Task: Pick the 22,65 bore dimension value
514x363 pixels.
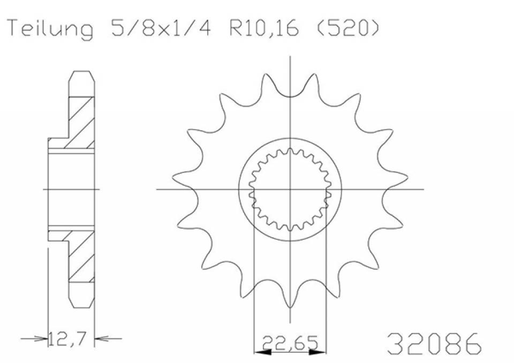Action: pos(290,342)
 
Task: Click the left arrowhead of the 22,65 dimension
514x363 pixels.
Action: pos(260,352)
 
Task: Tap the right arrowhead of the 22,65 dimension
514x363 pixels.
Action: pos(319,352)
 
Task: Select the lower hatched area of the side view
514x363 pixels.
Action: pos(80,257)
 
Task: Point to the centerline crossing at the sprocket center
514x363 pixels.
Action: pos(290,189)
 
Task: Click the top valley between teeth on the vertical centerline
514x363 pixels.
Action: pos(290,96)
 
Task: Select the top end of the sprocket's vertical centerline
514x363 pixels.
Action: pos(290,56)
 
